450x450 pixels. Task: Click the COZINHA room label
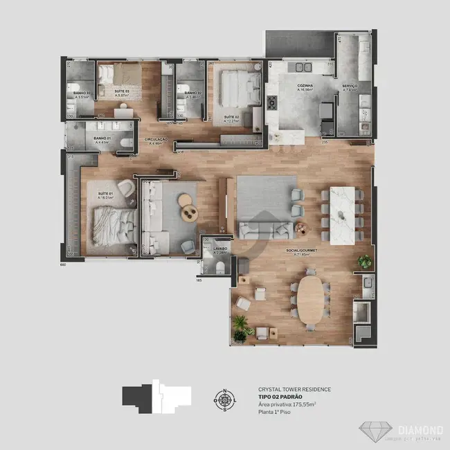[x=305, y=86]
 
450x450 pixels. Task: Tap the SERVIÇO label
[x=349, y=86]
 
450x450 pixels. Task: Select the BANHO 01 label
[x=102, y=138]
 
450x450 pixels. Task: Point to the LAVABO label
[x=220, y=248]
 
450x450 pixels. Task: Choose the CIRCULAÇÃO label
[x=156, y=139]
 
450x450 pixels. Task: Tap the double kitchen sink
[x=305, y=68]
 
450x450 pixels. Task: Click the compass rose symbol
[x=225, y=399]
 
